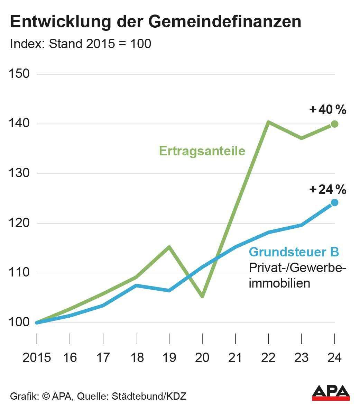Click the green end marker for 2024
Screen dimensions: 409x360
334,124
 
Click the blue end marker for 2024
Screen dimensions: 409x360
334,202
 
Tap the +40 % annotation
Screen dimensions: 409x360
328,110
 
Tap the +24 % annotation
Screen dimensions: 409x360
328,190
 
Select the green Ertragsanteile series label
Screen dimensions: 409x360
202,151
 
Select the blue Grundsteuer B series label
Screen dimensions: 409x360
294,252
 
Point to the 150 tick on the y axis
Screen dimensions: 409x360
20,74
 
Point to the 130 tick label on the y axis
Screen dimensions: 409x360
20,173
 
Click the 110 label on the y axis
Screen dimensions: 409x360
20,273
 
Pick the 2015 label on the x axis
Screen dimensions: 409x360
37,357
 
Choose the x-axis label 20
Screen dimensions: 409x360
202,357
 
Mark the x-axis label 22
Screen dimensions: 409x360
268,357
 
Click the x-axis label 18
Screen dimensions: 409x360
137,357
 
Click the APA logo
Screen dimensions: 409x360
331,392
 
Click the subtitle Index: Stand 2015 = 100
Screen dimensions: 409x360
81,44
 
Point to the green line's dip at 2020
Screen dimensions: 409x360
202,296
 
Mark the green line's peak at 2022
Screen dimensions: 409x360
268,122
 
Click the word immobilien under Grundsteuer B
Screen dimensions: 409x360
279,283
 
